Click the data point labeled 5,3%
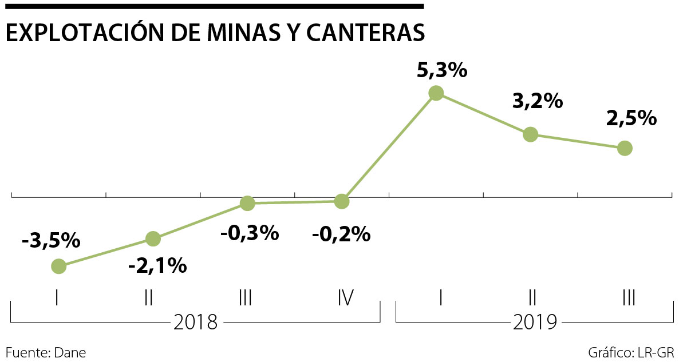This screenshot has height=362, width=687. [x=436, y=93]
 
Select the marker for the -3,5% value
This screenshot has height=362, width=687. [x=58, y=266]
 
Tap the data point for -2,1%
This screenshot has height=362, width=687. [x=153, y=238]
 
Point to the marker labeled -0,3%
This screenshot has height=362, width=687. [x=247, y=203]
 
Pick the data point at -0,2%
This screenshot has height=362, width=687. [x=341, y=201]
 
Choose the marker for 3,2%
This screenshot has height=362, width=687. [x=531, y=134]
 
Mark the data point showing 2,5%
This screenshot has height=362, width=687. [x=625, y=148]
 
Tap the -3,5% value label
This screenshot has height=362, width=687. [x=50, y=241]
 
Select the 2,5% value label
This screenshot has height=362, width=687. [x=631, y=118]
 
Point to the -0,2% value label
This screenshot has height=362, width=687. [x=341, y=234]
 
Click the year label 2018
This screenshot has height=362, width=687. [x=195, y=323]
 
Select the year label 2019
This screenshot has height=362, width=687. [x=535, y=323]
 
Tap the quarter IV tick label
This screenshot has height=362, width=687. [x=345, y=297]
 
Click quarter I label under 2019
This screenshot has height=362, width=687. [x=440, y=297]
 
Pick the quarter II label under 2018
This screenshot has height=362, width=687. [x=148, y=297]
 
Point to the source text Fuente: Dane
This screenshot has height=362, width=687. [x=46, y=352]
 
